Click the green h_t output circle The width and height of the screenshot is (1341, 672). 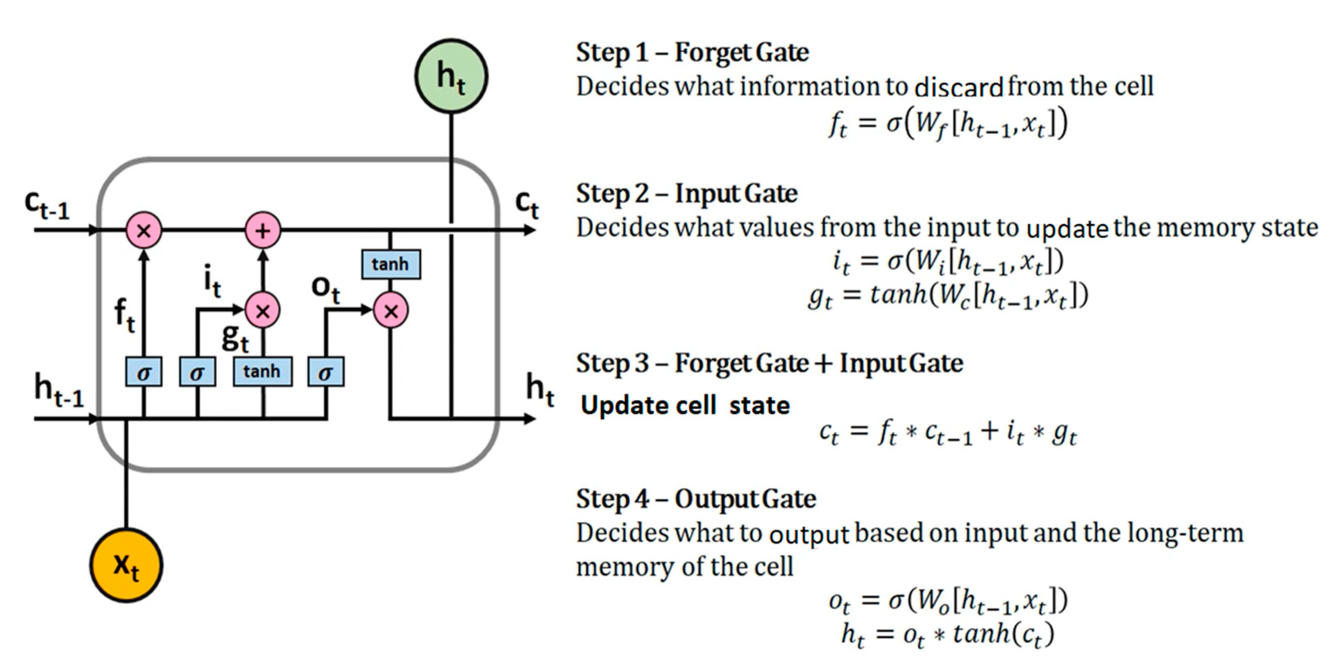(x=451, y=76)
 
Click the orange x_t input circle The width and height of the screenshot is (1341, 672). (x=126, y=565)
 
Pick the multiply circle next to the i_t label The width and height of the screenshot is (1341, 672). (x=263, y=311)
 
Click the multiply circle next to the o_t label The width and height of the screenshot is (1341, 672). (x=390, y=311)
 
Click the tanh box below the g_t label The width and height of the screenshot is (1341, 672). (x=262, y=371)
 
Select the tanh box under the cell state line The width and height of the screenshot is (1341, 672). (x=391, y=264)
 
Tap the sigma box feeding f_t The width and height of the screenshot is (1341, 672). (x=144, y=372)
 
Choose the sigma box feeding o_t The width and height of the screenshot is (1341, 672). (x=325, y=372)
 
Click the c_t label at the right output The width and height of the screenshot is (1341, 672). (x=527, y=204)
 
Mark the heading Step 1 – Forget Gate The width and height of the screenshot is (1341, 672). (x=692, y=52)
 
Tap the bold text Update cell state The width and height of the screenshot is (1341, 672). (x=685, y=405)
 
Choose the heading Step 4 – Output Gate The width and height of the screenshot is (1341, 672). (x=695, y=498)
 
